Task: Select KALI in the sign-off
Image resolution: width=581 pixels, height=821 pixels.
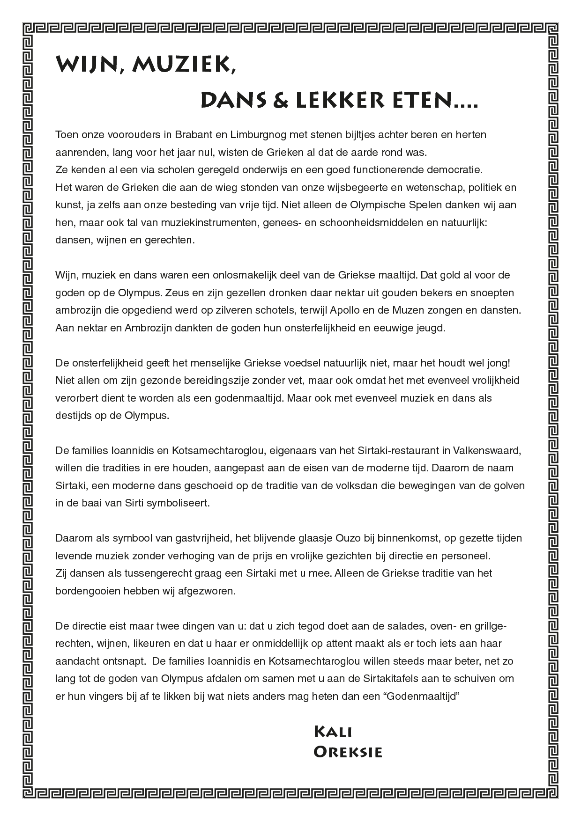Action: pyautogui.click(x=333, y=732)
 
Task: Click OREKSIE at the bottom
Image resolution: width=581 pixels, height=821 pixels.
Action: pyautogui.click(x=348, y=752)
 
